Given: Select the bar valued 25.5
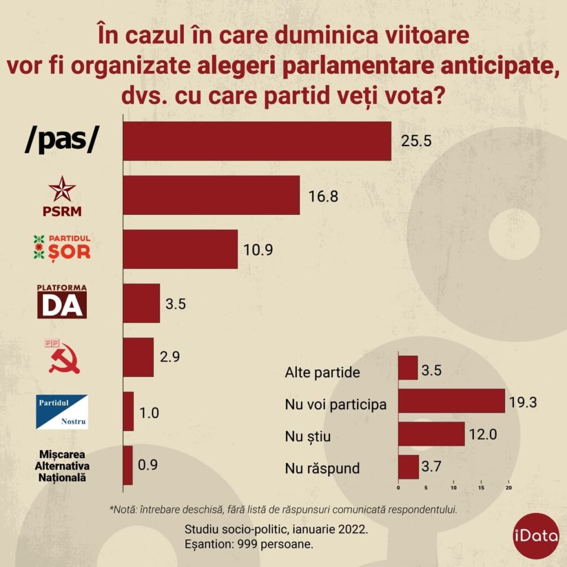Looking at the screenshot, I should pos(257,141).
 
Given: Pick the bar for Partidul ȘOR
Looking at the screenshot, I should pos(180,249).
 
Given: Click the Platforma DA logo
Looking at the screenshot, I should pos(62,301).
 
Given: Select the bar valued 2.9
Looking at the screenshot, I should pos(138,357).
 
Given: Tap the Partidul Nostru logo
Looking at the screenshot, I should pos(62,411).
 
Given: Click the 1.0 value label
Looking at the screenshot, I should pos(150,412).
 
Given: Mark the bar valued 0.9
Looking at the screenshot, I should pos(128,465).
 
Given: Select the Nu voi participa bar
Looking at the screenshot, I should pos(452,401).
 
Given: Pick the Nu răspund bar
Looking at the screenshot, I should pos(409,467).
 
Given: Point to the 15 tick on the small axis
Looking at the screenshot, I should pos(481,488).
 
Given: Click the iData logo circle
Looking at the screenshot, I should pos(535,537).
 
